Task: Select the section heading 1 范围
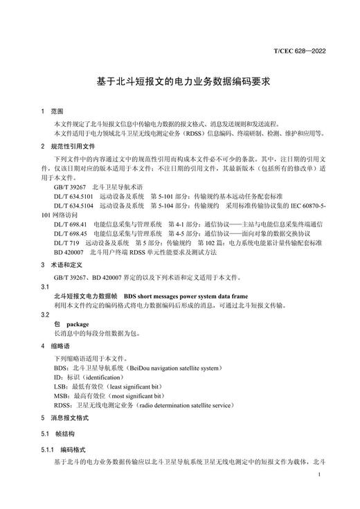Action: (x=52, y=111)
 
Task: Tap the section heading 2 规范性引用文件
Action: (x=66, y=146)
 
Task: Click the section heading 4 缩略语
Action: (x=57, y=346)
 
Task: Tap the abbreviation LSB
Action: (x=60, y=386)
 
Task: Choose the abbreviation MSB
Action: (x=61, y=396)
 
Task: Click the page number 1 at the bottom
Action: (x=317, y=475)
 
